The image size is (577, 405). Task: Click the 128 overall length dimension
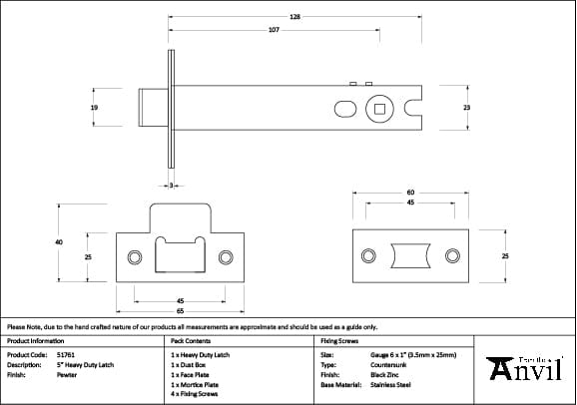295,17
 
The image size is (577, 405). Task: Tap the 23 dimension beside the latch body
466,107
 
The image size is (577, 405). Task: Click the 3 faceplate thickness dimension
171,186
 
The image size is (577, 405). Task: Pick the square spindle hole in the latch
379,107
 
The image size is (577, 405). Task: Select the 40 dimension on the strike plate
59,241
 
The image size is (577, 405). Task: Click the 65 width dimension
180,310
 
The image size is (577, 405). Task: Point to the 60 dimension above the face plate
410,192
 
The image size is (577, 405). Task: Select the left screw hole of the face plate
370,256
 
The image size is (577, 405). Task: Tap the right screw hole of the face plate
453,256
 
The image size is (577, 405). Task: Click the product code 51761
65,353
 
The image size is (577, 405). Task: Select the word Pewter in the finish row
66,375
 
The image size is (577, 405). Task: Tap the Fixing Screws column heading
338,340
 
